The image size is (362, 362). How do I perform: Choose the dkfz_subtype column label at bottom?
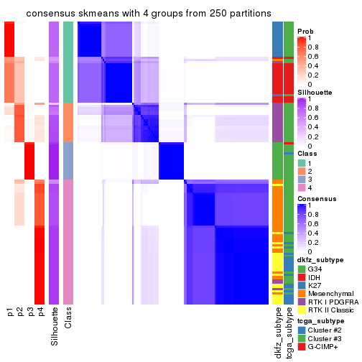277,330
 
